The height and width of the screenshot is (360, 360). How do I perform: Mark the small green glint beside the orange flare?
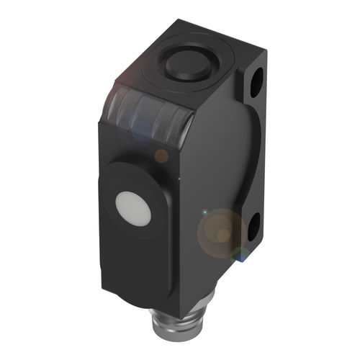(204, 212)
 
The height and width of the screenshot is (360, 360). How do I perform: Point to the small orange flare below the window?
(162, 155)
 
